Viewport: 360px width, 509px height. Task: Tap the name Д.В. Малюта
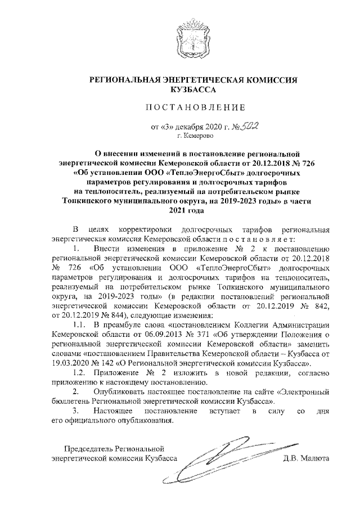306,458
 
